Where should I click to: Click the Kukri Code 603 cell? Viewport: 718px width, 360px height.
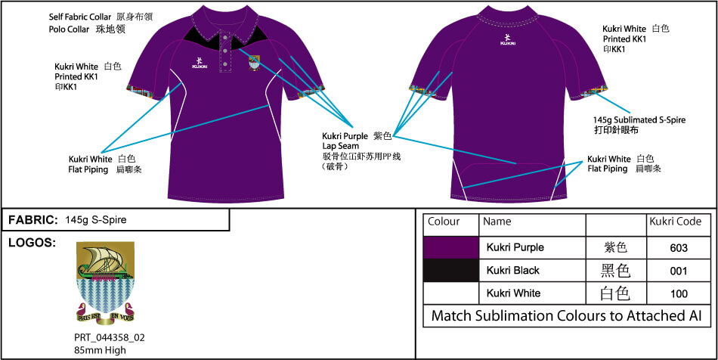coord(678,247)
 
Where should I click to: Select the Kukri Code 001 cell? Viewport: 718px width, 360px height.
coord(678,270)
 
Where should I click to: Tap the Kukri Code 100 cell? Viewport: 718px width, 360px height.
coord(678,293)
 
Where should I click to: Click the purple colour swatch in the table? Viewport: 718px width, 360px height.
coord(451,247)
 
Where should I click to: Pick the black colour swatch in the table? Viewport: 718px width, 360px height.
coord(451,270)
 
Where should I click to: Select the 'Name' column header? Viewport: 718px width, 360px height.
coord(497,222)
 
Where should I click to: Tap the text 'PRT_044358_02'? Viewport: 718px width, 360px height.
coord(105,337)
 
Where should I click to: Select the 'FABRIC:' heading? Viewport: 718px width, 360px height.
coord(33,220)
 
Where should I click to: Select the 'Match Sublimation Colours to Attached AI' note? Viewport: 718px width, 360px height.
coord(566,316)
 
